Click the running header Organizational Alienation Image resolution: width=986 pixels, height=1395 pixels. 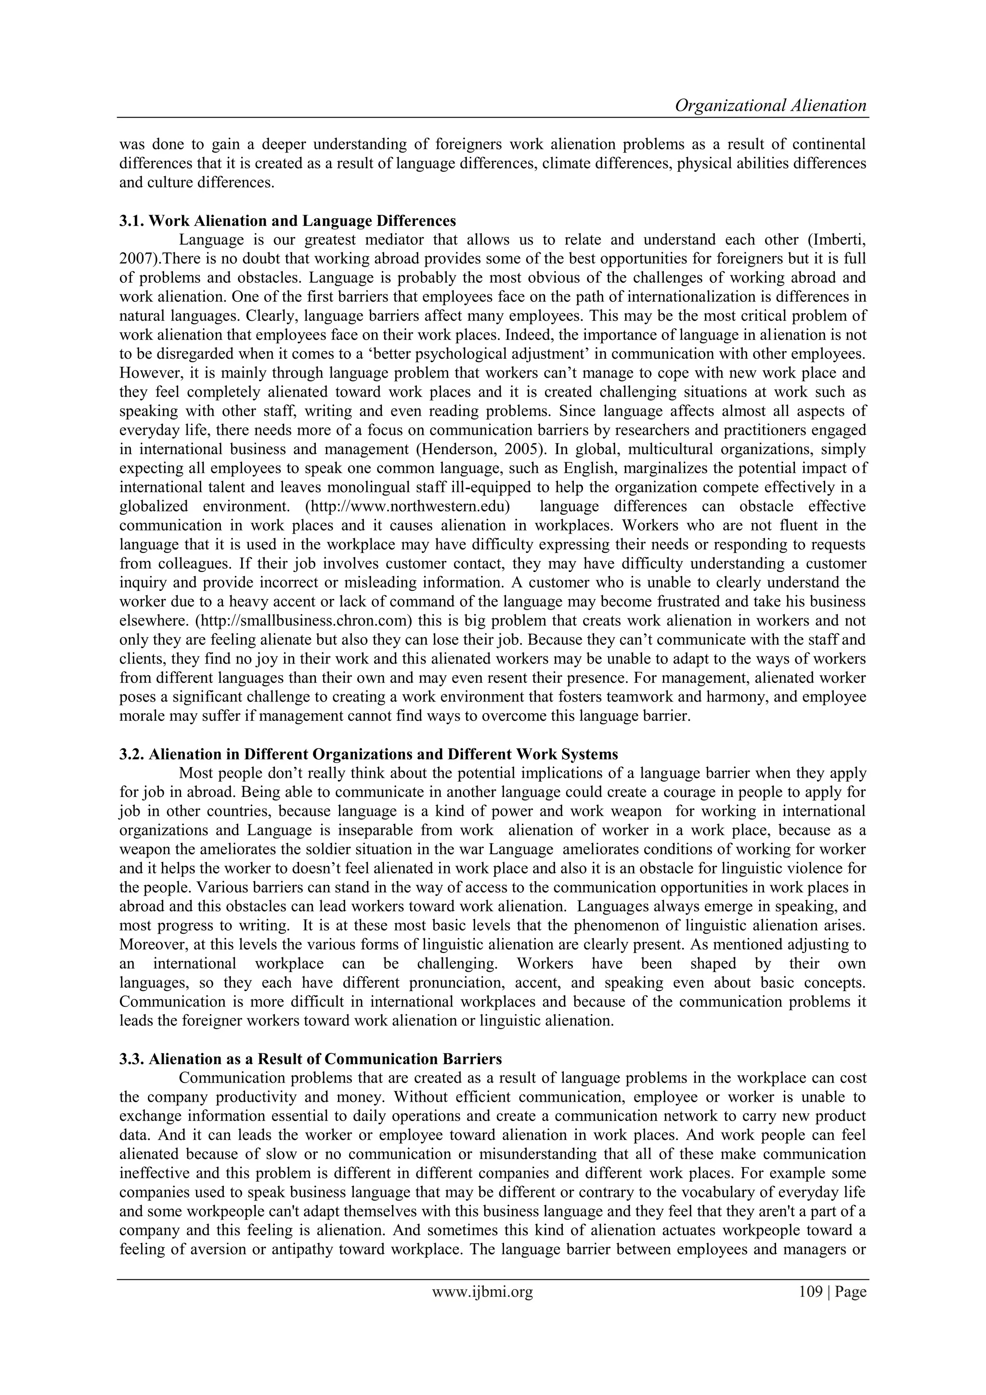click(x=770, y=106)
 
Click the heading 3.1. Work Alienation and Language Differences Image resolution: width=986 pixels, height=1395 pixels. click(x=287, y=220)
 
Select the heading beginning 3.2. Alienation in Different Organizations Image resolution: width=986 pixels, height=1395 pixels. click(x=369, y=755)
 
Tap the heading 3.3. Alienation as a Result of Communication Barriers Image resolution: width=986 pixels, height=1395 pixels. click(x=311, y=1059)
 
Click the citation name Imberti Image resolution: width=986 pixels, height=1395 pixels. click(x=843, y=239)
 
